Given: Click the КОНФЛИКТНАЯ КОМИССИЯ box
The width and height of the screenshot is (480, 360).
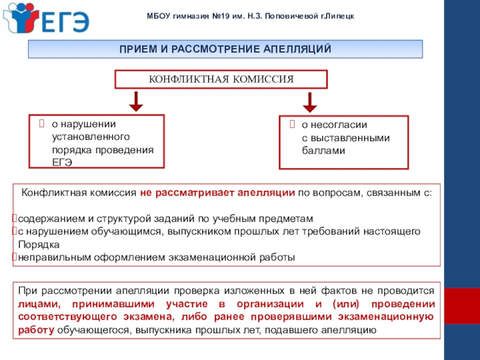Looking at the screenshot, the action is click(221, 79).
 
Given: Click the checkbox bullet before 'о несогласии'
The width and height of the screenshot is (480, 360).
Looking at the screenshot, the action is click(292, 125).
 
